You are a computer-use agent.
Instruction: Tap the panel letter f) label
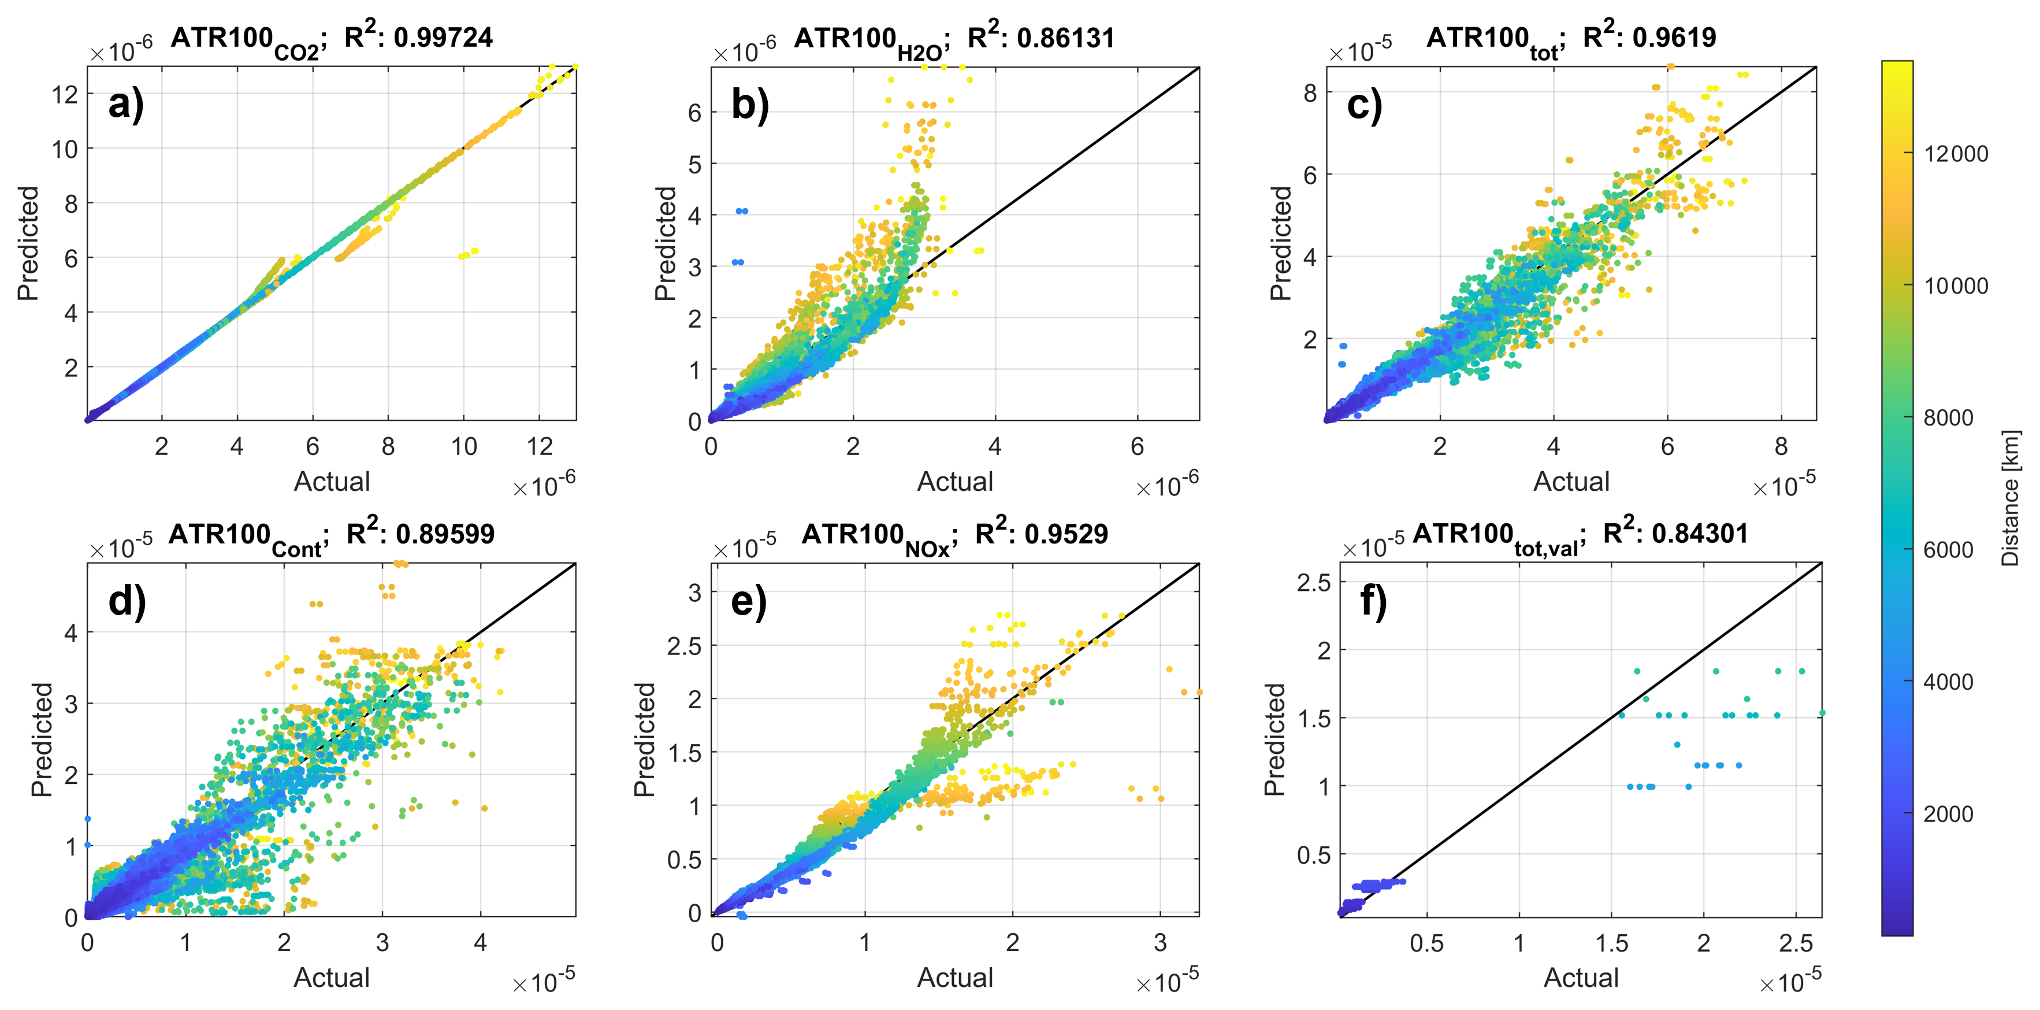point(1373,601)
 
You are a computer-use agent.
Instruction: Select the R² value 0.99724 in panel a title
point(443,37)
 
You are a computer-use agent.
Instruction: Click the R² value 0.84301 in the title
point(1699,534)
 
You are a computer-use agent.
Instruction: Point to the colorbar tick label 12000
point(1955,154)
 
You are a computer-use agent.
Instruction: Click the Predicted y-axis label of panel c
point(1280,243)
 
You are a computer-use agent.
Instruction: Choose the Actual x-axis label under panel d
point(331,978)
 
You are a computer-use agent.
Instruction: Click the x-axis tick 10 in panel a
point(464,447)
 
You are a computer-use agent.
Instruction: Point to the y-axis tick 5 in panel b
point(694,164)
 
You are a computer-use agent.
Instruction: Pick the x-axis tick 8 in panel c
point(1781,447)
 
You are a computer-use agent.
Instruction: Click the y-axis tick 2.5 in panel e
point(684,646)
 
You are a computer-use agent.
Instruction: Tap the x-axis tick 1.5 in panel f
point(1611,943)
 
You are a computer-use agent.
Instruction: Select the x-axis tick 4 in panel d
point(480,943)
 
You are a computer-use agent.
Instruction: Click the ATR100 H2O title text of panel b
point(869,40)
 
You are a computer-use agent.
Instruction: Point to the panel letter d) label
point(127,601)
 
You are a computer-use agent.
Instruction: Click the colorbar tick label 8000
point(1948,417)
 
